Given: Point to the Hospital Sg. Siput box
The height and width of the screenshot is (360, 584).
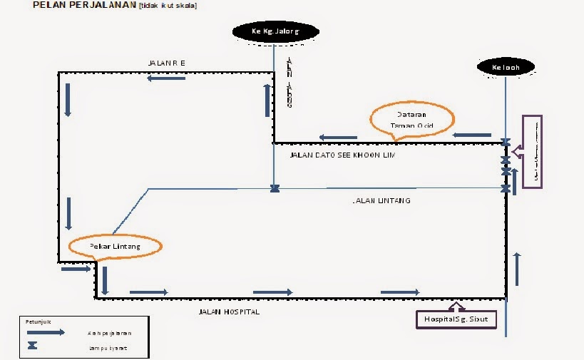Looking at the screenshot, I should point(456,319).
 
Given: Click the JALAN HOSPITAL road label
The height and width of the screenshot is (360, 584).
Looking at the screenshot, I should point(229,312).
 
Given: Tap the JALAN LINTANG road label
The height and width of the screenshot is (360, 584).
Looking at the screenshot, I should point(382,201).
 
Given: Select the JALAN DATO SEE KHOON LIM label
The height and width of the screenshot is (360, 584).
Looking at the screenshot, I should point(343,155).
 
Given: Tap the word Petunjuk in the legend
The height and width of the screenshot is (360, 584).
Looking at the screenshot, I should point(36,322).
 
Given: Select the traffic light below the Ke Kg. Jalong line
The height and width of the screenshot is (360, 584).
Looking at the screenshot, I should point(275,189).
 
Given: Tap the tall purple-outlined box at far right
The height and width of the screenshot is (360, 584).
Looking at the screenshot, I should point(532,151).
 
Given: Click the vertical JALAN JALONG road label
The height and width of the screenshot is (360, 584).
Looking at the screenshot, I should point(289,83).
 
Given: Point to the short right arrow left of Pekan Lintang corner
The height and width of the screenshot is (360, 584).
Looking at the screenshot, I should point(76,269).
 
